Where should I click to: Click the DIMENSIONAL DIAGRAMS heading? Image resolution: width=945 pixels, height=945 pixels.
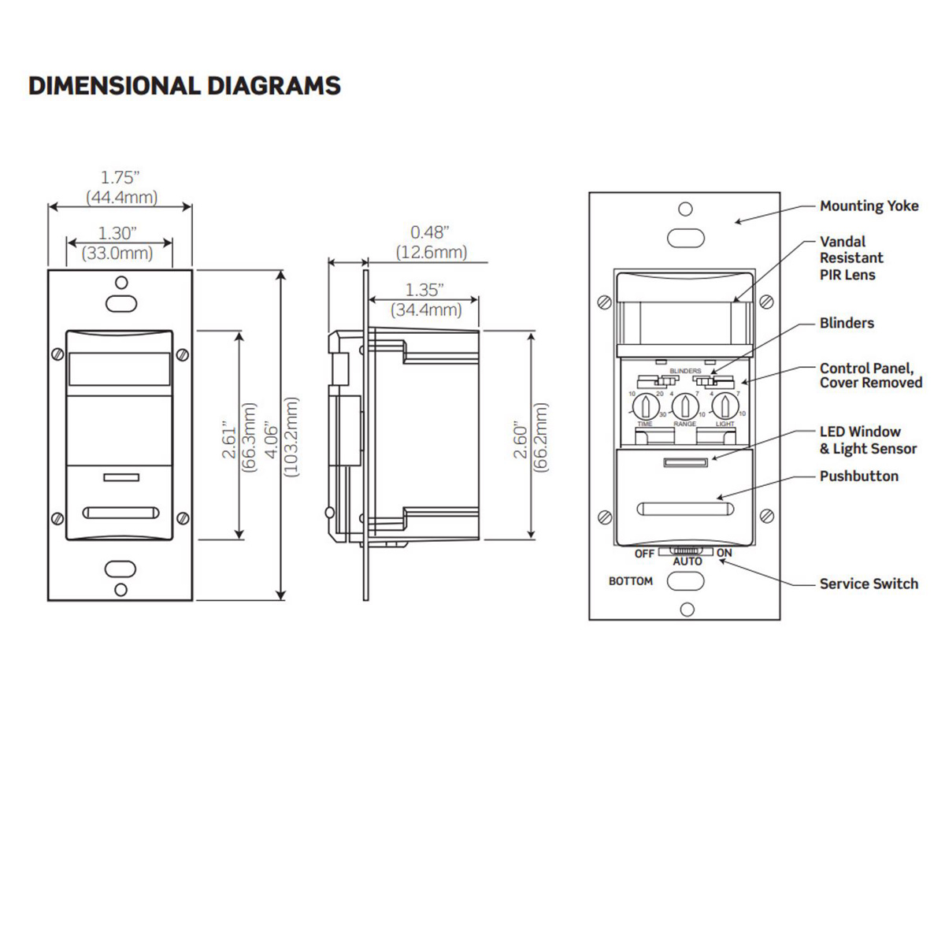pos(184,85)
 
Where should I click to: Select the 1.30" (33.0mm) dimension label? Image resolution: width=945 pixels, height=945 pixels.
pos(117,243)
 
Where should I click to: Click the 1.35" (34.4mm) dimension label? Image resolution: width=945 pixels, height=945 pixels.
pos(425,300)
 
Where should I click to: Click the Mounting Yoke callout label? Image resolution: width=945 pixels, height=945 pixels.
pos(869,206)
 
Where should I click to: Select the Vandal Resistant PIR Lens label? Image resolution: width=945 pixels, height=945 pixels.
pos(851,258)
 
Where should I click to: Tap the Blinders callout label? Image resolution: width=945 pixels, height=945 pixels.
pos(847,323)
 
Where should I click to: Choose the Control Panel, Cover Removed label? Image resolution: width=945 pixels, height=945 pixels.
pos(870,375)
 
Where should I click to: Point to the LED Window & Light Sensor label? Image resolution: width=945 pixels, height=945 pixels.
pos(868,439)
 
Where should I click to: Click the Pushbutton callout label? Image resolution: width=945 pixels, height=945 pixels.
pos(858,476)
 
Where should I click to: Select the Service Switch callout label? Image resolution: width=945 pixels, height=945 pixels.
pos(869,584)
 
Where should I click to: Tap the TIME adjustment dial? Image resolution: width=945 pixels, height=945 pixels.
pos(645,406)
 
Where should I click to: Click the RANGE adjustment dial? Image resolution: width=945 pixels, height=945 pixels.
pos(685,406)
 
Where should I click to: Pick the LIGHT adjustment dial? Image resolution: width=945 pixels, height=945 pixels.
pos(724,406)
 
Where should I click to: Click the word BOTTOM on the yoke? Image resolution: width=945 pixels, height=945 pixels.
pos(630,581)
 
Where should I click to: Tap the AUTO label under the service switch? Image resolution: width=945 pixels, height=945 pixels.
pos(687,561)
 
